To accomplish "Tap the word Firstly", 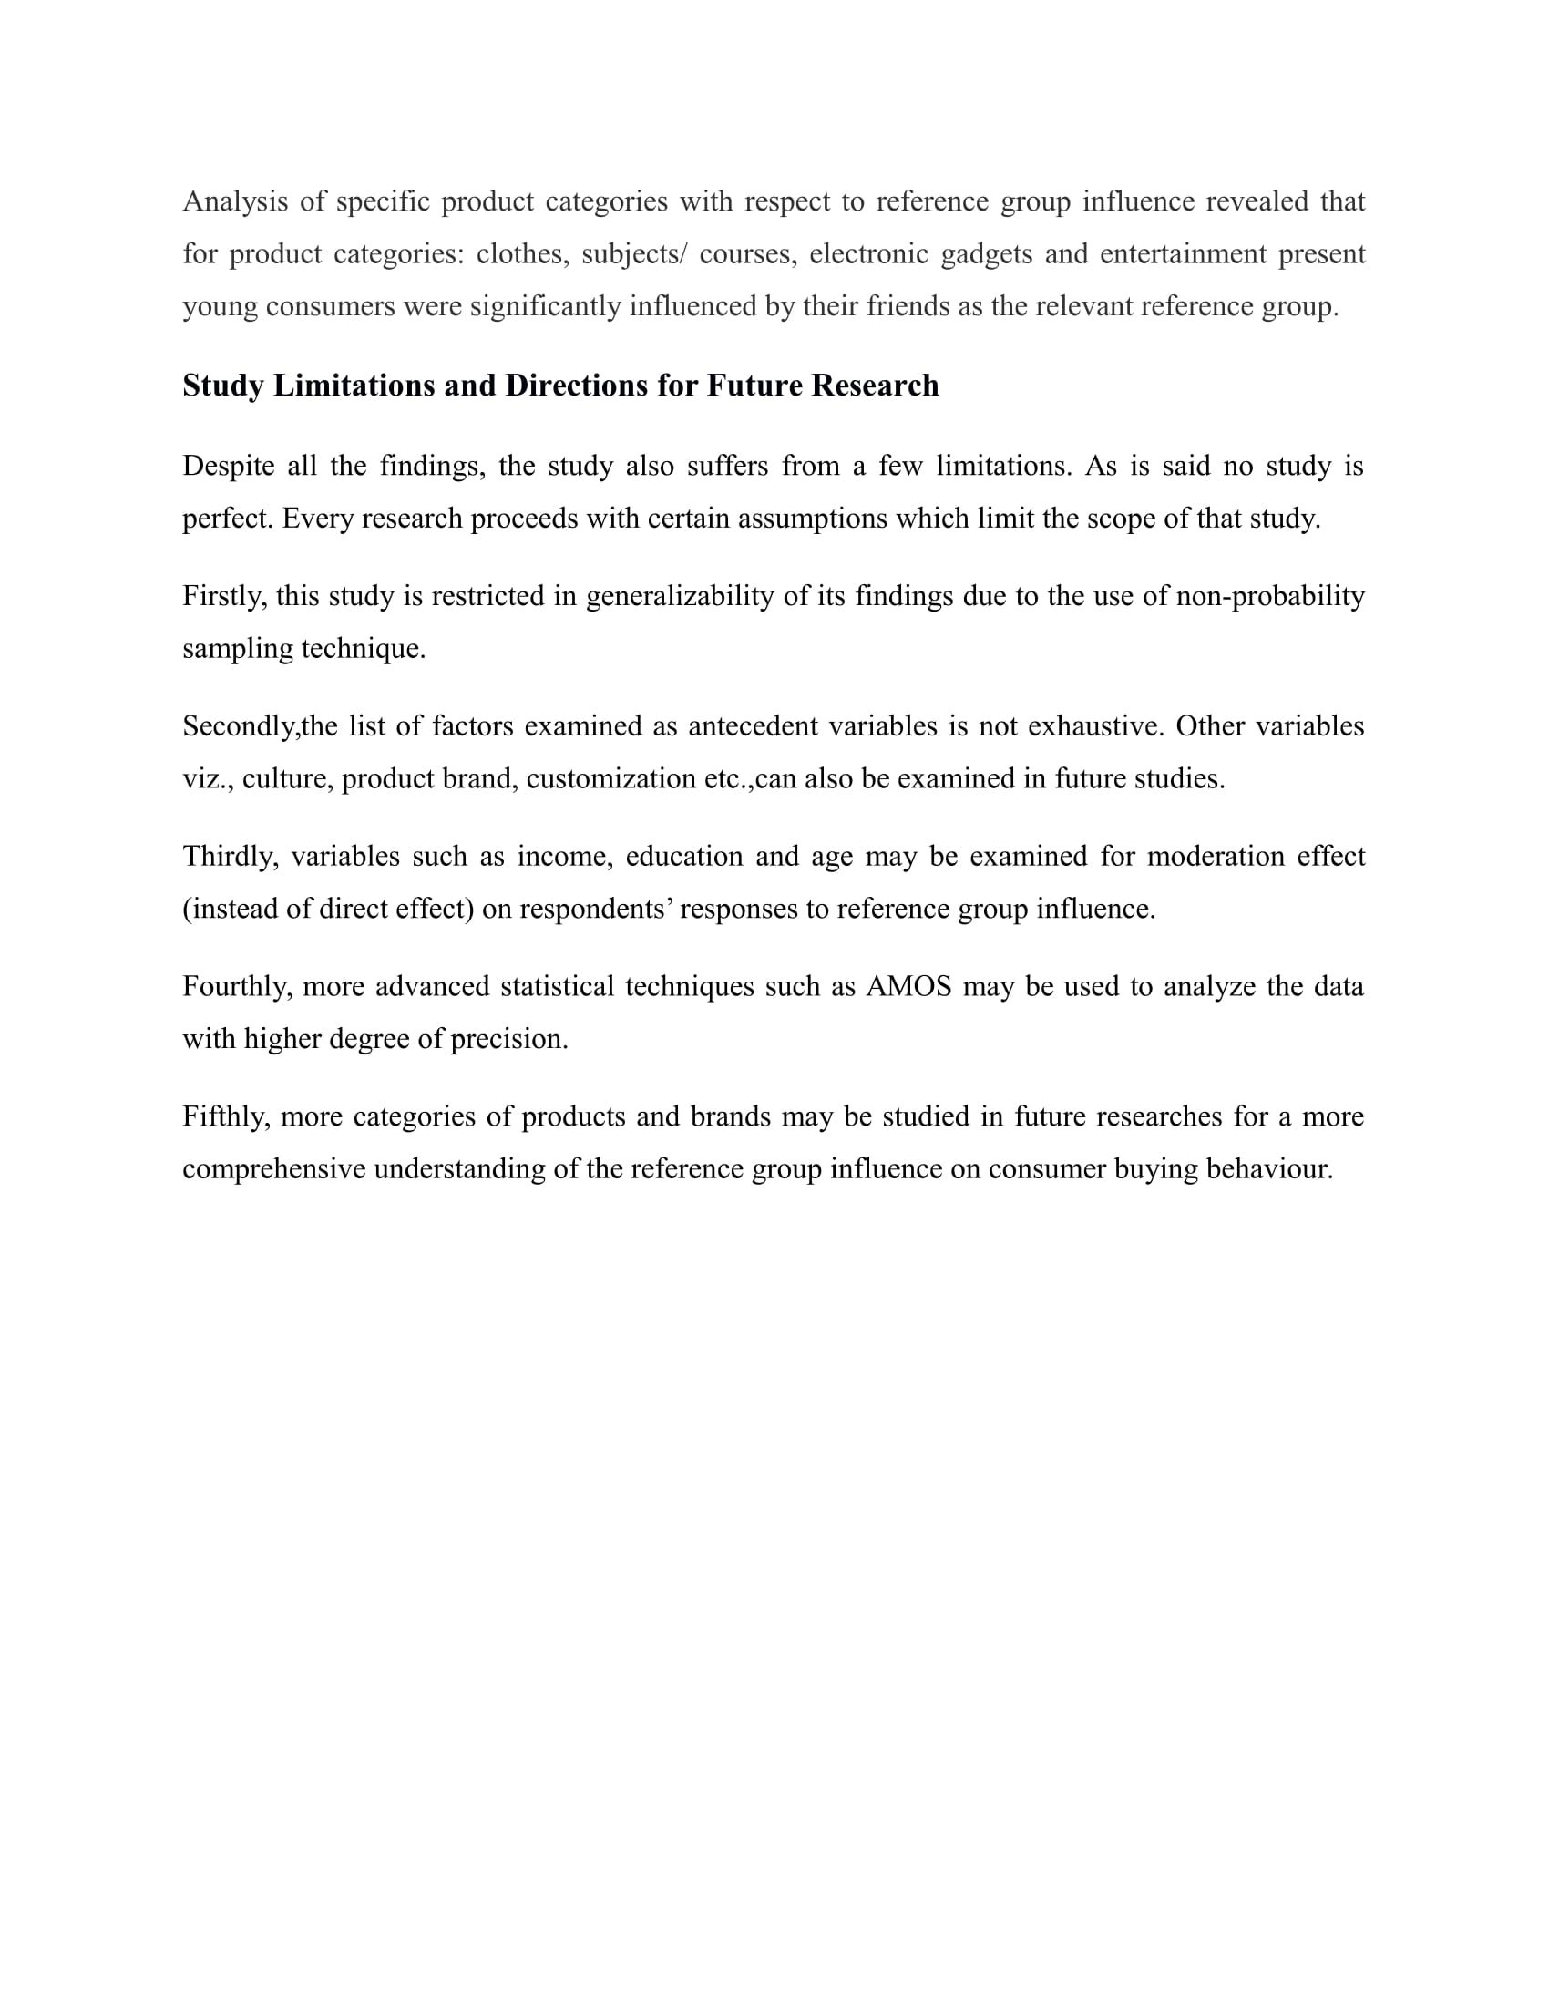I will (225, 597).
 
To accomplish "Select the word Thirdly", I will (231, 857).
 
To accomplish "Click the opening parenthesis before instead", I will (186, 909).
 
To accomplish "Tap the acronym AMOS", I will (908, 987).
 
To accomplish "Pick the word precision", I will (508, 1039).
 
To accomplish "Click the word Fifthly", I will (226, 1117).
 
